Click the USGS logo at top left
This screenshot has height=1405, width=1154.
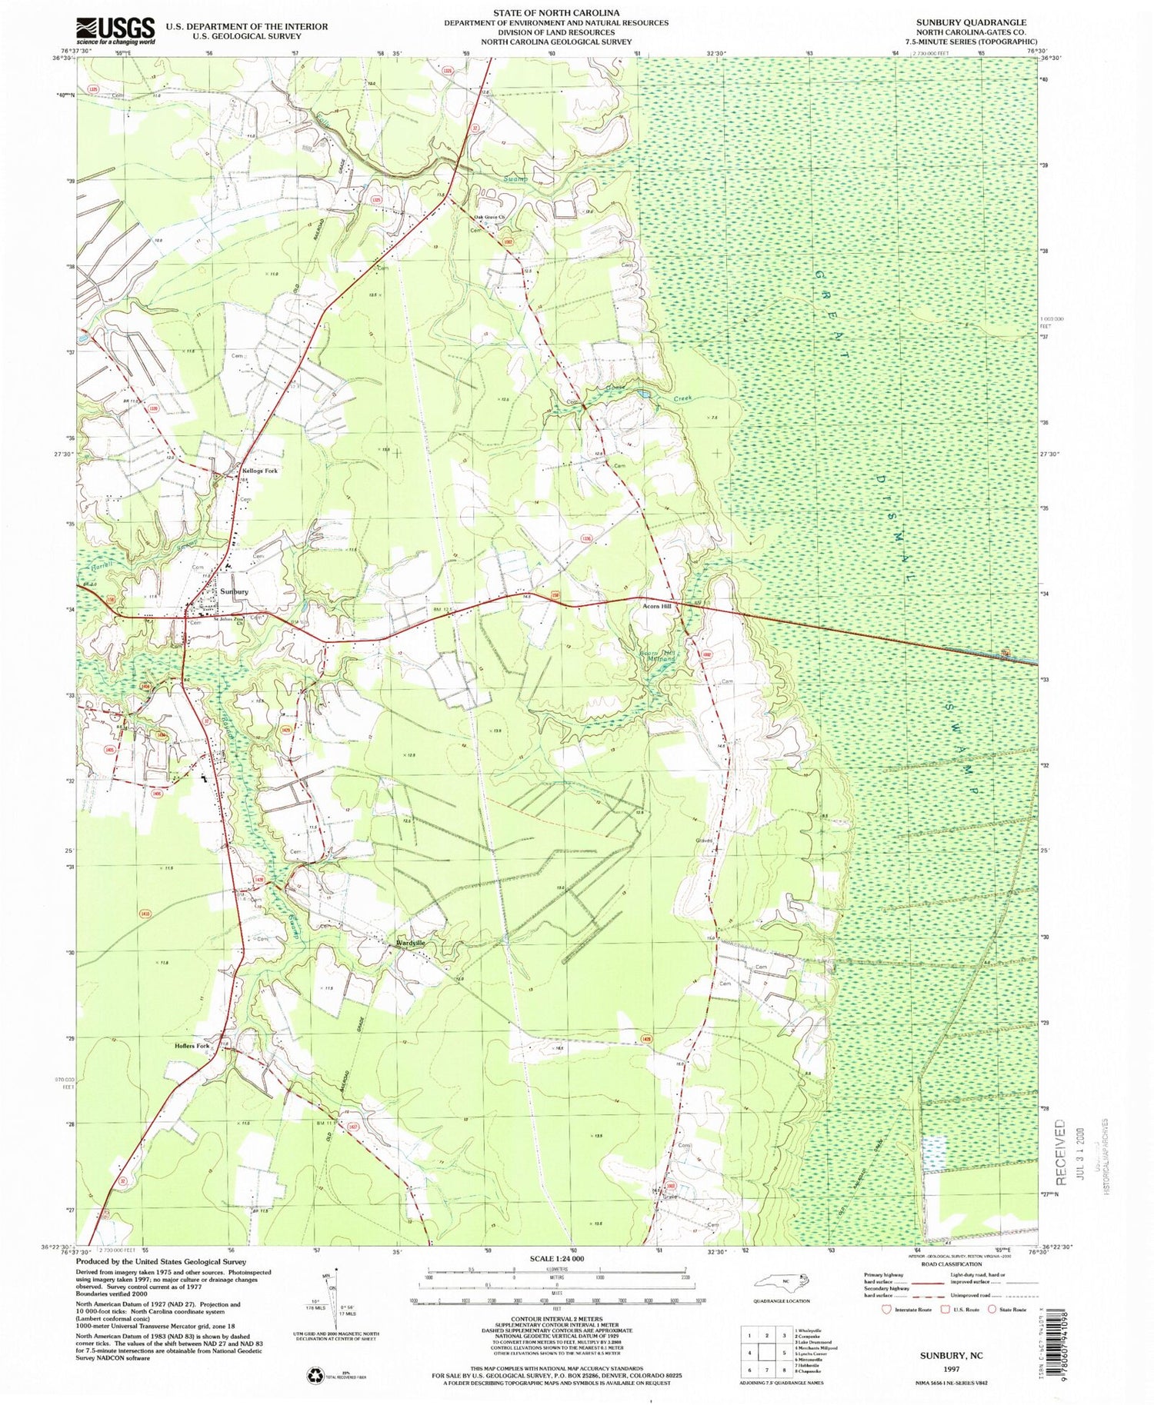tap(116, 31)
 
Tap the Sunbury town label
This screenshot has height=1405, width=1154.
tap(233, 592)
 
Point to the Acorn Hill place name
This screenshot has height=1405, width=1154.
tap(657, 607)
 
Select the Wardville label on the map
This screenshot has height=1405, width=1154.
tap(410, 943)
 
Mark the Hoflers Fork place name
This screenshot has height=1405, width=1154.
tap(192, 1046)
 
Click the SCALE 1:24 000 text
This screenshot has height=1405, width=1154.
tap(556, 1259)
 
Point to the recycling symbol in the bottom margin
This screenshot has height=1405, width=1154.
tap(315, 1373)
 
